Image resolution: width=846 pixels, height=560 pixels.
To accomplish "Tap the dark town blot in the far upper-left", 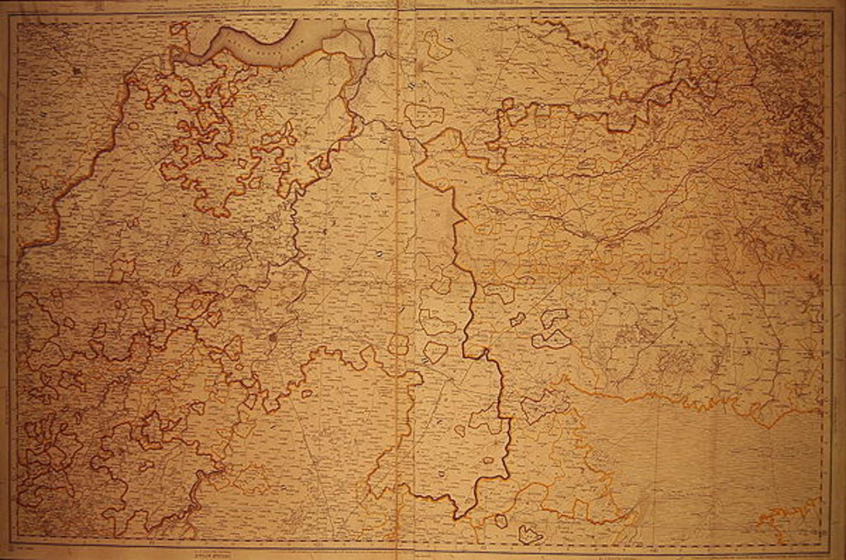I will (77, 71).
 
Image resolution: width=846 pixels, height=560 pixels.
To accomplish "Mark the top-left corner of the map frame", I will (10, 17).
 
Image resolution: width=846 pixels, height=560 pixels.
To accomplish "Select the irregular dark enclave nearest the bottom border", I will (530, 534).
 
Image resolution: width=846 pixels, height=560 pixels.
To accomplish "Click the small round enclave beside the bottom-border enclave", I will (500, 520).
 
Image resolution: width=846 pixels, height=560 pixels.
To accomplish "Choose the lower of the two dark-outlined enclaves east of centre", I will (552, 338).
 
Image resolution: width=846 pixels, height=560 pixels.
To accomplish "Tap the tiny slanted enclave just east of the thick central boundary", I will (517, 319).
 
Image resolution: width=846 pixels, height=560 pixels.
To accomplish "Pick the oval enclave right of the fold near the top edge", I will (424, 115).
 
